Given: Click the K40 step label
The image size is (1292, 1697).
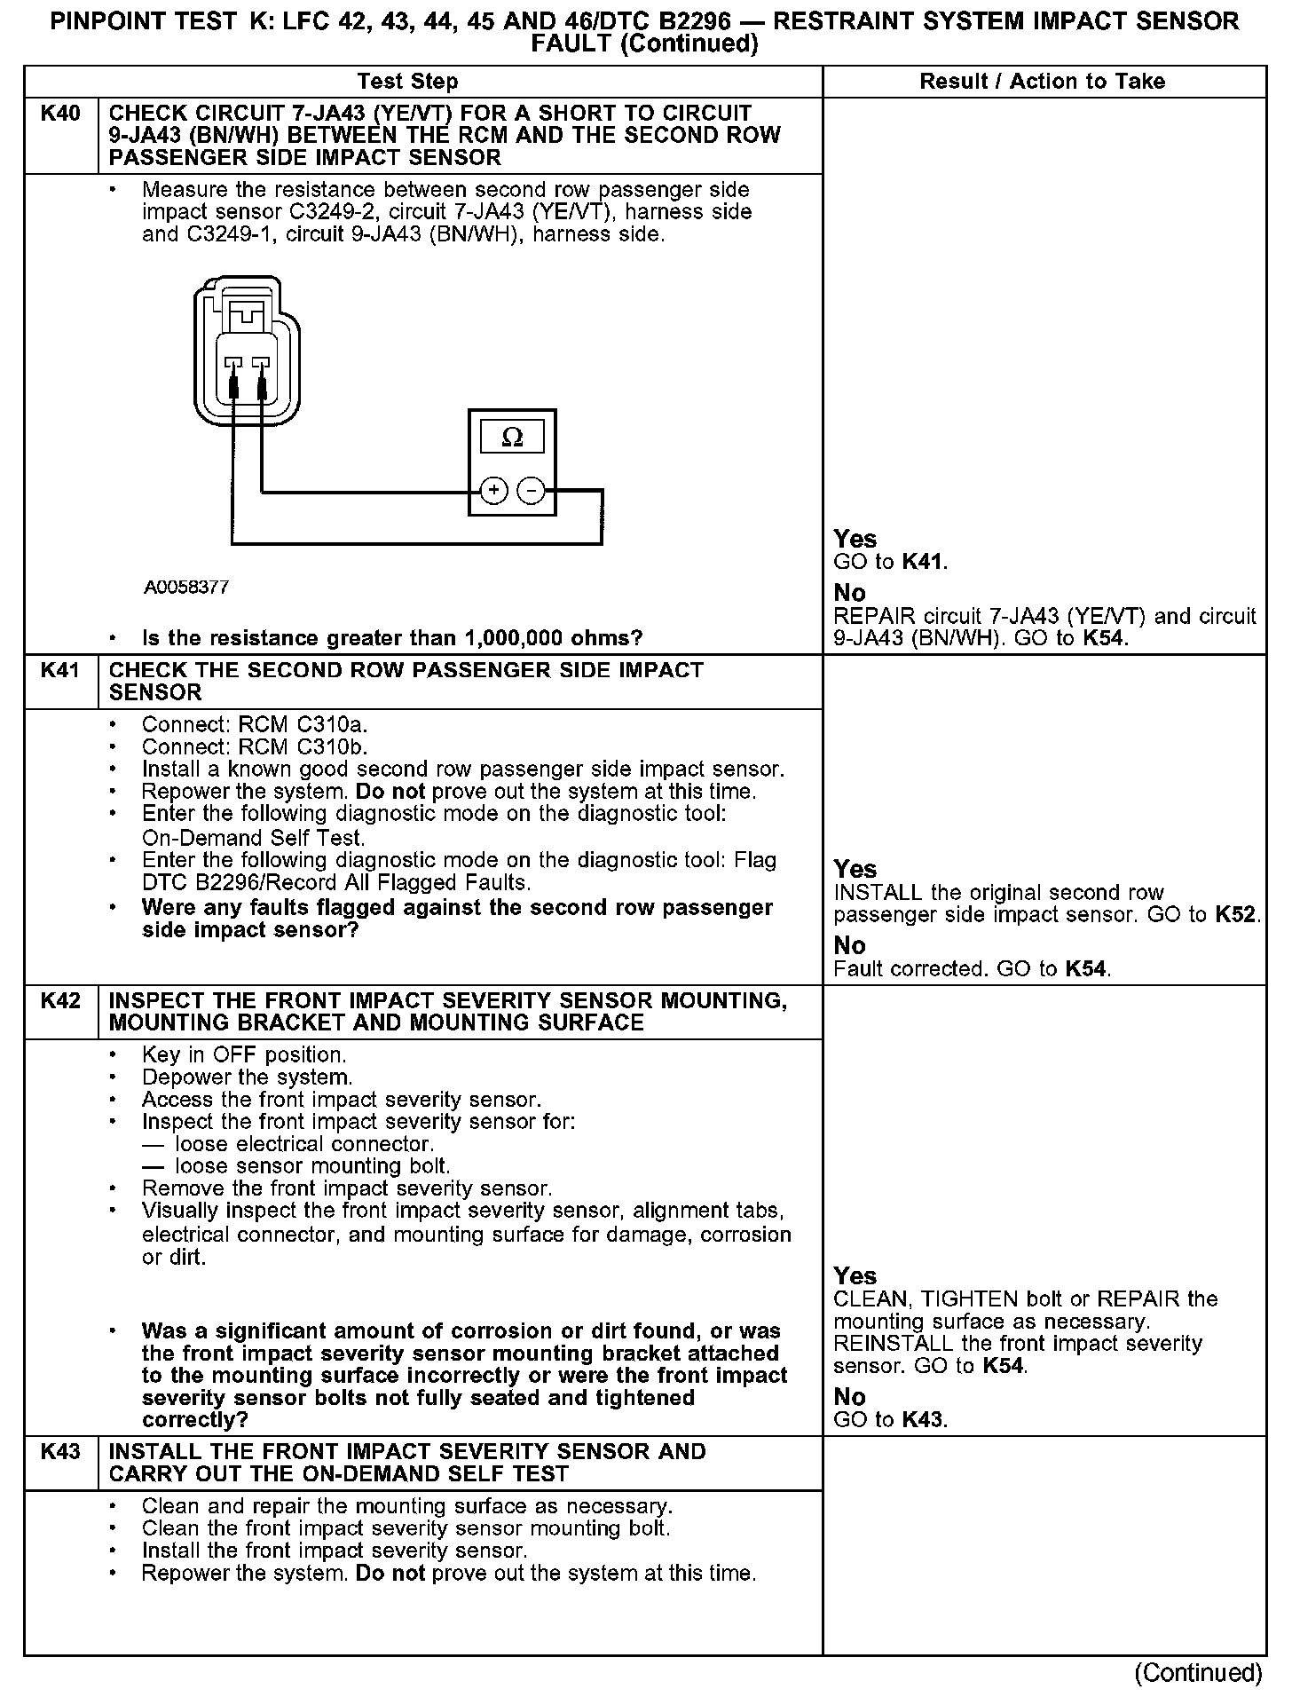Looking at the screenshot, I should point(60,114).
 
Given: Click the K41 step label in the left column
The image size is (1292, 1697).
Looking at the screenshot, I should point(60,671).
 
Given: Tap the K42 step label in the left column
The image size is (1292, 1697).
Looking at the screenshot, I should point(60,1001).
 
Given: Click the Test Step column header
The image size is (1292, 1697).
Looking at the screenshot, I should point(407,82).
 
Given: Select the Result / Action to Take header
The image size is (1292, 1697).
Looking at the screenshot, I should point(1042,82).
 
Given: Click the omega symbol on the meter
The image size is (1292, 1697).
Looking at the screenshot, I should point(512,438).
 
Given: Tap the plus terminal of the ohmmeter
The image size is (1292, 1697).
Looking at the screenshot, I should point(493,490).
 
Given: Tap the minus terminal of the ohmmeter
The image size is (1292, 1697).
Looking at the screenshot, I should point(531,490).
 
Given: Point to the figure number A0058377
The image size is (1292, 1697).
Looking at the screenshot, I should point(187,588).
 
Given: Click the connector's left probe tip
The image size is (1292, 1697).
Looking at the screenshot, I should point(233,385).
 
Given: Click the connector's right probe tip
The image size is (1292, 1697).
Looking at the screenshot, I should point(263,385).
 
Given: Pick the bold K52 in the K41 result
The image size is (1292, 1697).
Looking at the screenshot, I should point(1235,915).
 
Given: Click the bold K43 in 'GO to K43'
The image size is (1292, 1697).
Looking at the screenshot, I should point(923,1420).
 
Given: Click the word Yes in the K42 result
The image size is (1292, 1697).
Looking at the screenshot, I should point(855,1276).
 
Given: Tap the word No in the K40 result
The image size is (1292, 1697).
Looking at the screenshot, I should point(849,593).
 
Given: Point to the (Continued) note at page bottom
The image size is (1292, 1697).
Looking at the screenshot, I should point(1198,1673).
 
